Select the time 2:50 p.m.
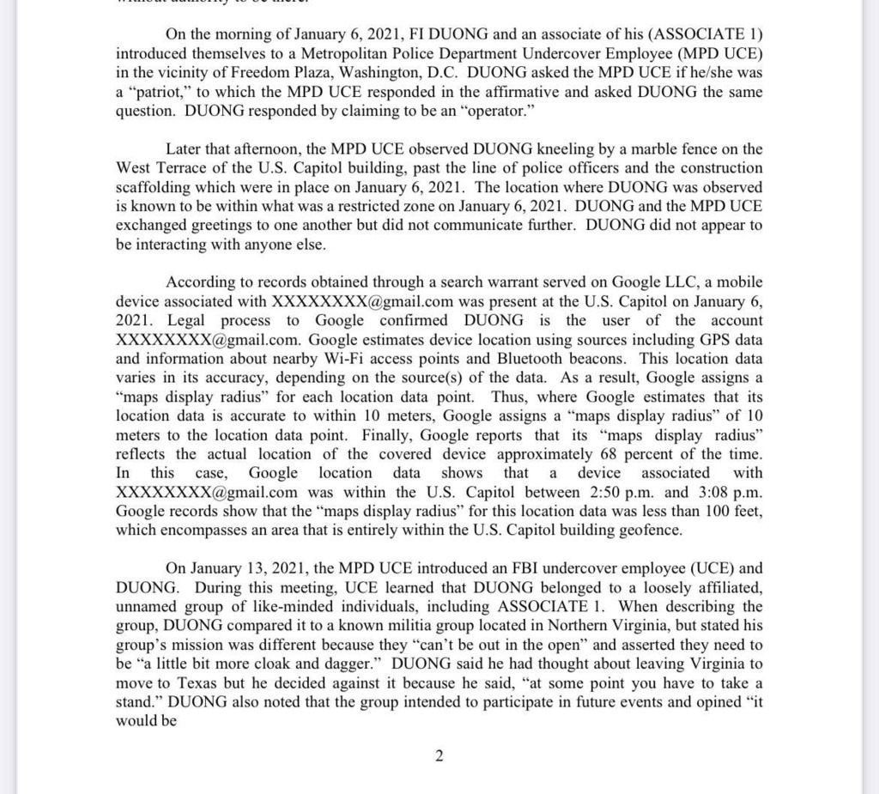pos(607,492)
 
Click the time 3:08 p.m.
pos(726,492)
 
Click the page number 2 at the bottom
pos(439,756)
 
